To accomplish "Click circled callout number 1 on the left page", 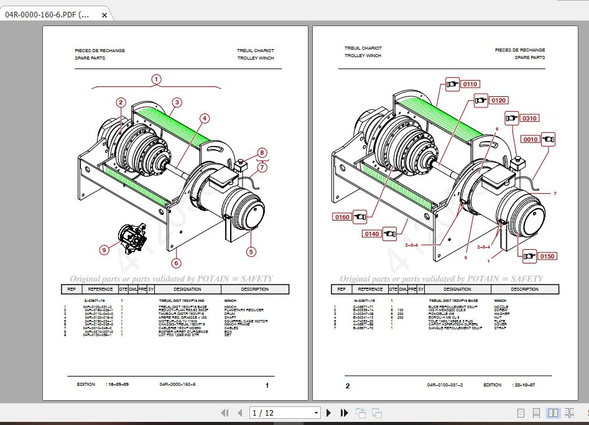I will [156, 79].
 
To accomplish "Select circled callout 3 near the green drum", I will [177, 103].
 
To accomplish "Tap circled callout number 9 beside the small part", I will [104, 250].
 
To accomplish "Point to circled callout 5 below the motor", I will [251, 252].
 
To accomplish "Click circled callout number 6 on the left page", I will [177, 263].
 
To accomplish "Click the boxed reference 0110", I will [469, 84].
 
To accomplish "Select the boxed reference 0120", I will [498, 100].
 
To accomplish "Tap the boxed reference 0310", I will [529, 118].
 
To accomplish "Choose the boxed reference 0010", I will [531, 139].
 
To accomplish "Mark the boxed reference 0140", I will [373, 234].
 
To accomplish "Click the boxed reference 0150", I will [547, 256].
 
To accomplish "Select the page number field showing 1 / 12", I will [284, 413].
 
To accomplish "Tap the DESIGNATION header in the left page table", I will [188, 289].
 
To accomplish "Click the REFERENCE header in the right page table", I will [369, 289].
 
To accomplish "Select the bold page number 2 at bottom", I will [348, 386].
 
